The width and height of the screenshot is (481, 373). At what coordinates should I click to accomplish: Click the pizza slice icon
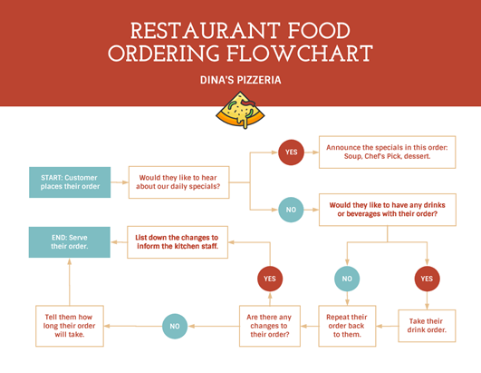(240, 110)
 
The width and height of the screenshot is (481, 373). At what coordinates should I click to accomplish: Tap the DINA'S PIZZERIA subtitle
(241, 80)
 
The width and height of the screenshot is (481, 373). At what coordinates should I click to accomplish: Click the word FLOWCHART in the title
(300, 54)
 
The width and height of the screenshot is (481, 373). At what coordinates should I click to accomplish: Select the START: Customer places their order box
(70, 182)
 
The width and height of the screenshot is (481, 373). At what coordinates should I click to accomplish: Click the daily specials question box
(178, 182)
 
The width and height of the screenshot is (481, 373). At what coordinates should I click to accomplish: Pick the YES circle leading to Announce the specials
(291, 152)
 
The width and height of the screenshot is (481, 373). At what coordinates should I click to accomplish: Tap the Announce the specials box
(387, 152)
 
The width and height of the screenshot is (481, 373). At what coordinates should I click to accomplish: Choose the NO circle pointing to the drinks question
(291, 210)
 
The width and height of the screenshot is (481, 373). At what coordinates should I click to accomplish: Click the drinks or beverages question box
(388, 210)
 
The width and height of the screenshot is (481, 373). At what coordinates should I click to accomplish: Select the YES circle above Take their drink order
(427, 279)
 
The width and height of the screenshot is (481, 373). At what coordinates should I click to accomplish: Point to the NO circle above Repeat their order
(347, 279)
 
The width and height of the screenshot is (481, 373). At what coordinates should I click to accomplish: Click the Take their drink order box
(427, 326)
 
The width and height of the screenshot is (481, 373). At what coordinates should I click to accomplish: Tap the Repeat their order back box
(347, 326)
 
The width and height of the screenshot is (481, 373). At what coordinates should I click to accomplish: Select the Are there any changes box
(270, 326)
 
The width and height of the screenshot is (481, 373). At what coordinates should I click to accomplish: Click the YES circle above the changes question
(270, 279)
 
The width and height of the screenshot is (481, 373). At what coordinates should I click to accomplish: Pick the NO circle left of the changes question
(175, 327)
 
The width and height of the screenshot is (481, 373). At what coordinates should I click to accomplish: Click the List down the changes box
(178, 242)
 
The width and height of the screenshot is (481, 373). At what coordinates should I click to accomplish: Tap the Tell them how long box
(70, 326)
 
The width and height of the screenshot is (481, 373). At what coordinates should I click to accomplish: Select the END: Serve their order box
(70, 242)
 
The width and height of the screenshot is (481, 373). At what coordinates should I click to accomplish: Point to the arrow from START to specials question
(120, 182)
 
